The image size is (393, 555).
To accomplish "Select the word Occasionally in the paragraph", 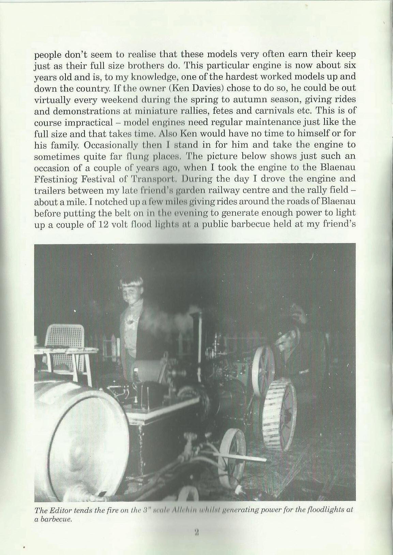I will tap(110, 145).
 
